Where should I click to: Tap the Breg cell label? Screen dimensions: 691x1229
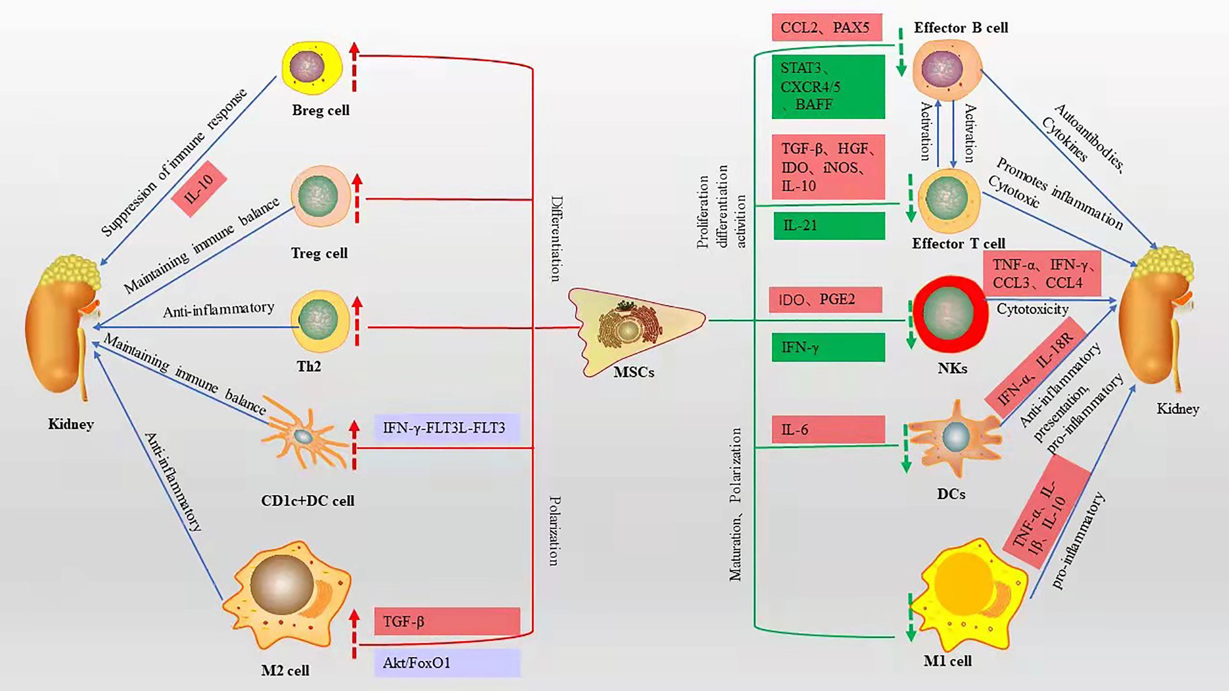(x=321, y=110)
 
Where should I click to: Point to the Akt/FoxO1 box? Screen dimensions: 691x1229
(x=447, y=662)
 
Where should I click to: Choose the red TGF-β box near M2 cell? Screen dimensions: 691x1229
(x=447, y=621)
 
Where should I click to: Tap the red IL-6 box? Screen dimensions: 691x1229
(x=828, y=429)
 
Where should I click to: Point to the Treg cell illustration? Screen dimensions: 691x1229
(x=319, y=196)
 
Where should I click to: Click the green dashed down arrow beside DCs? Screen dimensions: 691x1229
(x=905, y=449)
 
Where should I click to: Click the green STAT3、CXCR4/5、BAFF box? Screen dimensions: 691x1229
(x=828, y=86)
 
